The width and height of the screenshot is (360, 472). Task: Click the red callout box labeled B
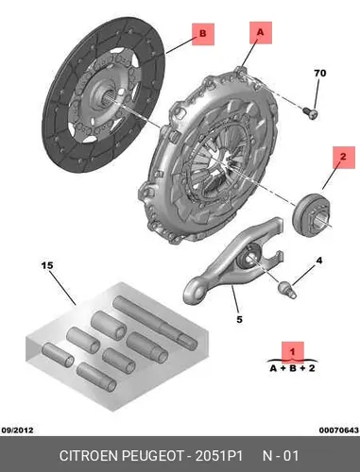tap(203, 34)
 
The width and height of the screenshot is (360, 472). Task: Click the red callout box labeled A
tap(261, 33)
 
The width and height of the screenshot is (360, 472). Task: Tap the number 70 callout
tap(320, 73)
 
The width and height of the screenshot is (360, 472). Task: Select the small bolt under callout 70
tap(311, 113)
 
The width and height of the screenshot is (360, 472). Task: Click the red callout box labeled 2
tap(343, 157)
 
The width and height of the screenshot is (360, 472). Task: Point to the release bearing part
tap(311, 213)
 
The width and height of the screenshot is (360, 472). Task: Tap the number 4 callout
tap(319, 261)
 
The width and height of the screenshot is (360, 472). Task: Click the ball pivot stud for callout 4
tap(287, 290)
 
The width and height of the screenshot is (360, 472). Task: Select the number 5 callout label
tap(239, 319)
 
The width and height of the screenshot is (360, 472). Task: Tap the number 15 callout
tap(47, 265)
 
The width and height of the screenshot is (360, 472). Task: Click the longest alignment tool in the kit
tap(155, 322)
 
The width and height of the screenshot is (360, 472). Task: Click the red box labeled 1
tap(293, 351)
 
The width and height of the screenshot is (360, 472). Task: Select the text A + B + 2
tap(292, 368)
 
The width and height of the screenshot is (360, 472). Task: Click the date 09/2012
tap(17, 430)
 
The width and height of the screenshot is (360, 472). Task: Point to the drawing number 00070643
tap(339, 430)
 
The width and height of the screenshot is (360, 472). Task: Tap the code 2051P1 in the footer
tap(219, 456)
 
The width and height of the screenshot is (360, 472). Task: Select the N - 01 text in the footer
tap(281, 456)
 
